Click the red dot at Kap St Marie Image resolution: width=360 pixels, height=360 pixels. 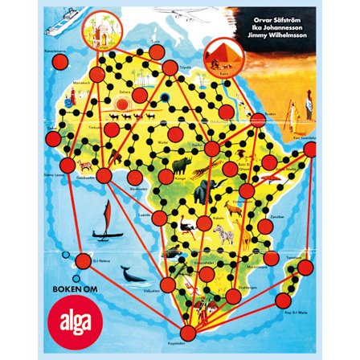tap(284, 301)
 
